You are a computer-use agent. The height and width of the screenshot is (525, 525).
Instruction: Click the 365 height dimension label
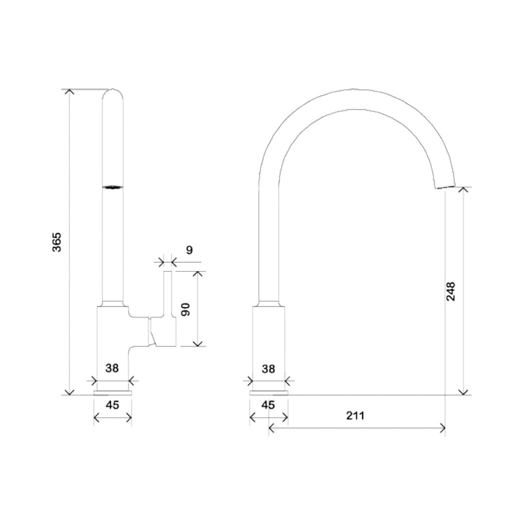[57, 242]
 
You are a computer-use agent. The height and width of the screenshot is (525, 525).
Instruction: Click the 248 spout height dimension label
[451, 291]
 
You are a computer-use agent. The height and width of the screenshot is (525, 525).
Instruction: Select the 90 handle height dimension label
[185, 309]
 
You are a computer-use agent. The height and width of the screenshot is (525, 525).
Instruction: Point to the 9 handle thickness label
[190, 250]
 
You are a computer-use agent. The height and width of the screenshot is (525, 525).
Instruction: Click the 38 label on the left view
[112, 368]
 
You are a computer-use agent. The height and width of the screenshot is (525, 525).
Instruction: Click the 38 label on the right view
[268, 368]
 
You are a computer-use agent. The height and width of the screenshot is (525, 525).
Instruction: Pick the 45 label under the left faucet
[112, 405]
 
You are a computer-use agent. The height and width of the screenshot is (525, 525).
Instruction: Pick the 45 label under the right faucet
[268, 405]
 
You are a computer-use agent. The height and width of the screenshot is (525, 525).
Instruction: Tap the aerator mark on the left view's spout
[112, 187]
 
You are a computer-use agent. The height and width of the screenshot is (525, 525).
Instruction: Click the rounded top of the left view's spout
[113, 93]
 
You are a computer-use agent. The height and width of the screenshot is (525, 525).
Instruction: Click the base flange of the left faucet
[112, 393]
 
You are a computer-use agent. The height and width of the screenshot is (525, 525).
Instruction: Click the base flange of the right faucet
[268, 393]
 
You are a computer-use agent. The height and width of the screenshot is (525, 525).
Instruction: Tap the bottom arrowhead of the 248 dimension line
[464, 391]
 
